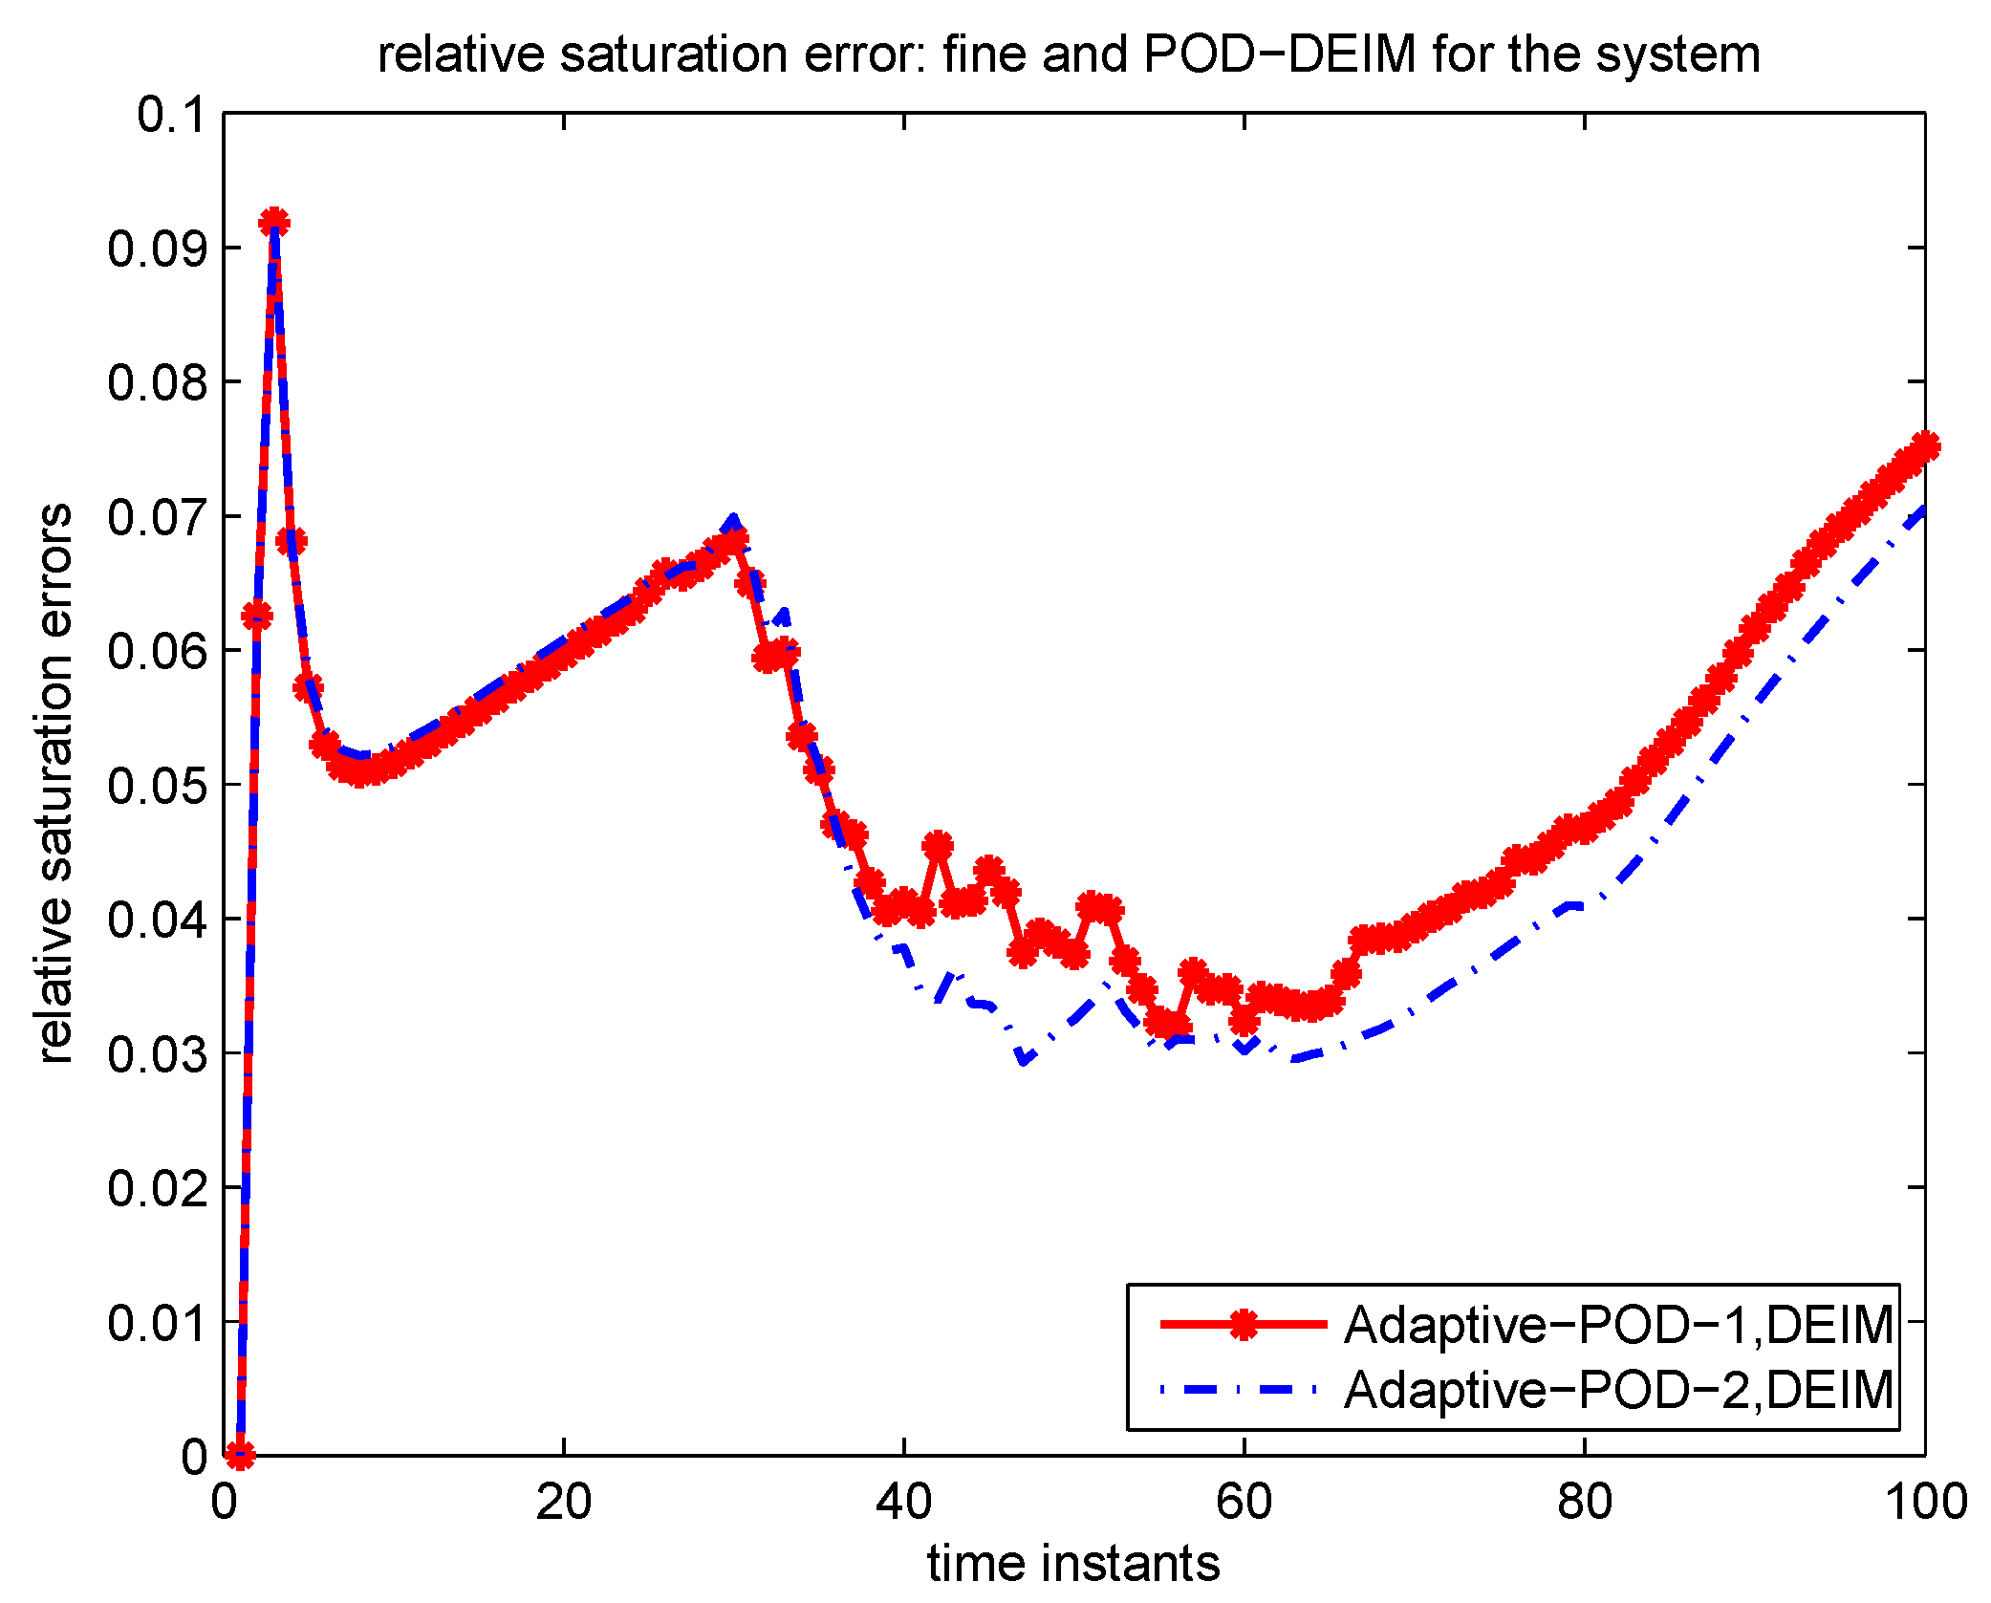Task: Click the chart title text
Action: point(1069,54)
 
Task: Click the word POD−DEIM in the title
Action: point(1279,54)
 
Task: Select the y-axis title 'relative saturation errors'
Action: point(55,784)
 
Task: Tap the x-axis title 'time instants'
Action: point(1072,1564)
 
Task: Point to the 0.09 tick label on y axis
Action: point(157,249)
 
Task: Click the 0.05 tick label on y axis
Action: point(157,786)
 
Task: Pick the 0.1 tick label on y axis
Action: point(171,115)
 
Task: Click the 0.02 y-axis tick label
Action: point(157,1188)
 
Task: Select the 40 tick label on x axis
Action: point(903,1502)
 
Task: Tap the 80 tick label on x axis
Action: point(1584,1502)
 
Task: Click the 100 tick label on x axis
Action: point(1924,1502)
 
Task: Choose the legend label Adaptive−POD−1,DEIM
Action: point(1618,1325)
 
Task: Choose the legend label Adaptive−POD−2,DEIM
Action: point(1618,1390)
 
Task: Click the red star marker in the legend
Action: point(1243,1324)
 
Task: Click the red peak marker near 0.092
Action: point(274,223)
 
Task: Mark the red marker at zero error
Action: point(240,1456)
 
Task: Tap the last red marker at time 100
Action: point(1924,446)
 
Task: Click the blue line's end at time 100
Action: point(1923,509)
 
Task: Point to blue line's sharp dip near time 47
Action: point(1024,1060)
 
